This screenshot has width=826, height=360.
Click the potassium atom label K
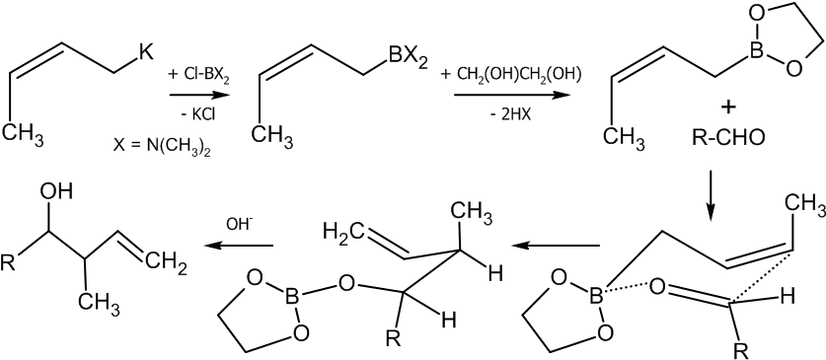click(x=145, y=54)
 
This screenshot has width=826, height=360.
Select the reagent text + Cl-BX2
click(x=197, y=75)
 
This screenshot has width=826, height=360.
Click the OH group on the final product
click(x=55, y=191)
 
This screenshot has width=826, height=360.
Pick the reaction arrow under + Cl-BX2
click(x=198, y=96)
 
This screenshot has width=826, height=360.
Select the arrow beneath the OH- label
click(x=240, y=246)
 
